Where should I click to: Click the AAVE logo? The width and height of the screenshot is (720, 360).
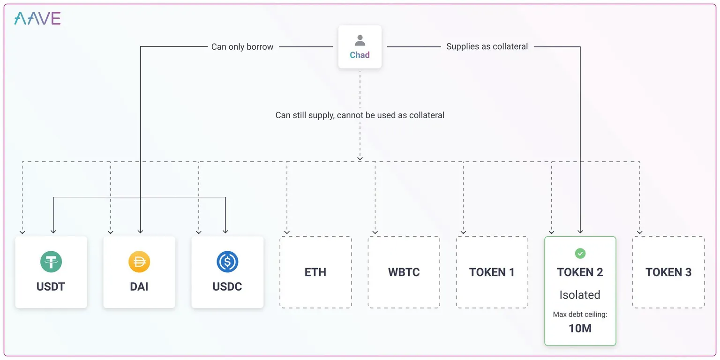(x=37, y=18)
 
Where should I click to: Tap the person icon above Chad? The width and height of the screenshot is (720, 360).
(x=360, y=40)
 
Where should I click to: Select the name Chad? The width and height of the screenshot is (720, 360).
(x=360, y=55)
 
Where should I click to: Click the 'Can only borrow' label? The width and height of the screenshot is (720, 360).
(x=242, y=47)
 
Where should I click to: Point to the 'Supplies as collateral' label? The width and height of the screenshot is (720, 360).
(x=487, y=46)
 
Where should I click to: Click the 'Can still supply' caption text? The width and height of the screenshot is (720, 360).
(x=360, y=115)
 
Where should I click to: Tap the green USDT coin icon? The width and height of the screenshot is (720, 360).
(x=51, y=262)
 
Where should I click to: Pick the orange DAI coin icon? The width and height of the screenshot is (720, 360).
(x=139, y=262)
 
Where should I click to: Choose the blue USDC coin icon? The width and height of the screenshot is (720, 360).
(x=227, y=262)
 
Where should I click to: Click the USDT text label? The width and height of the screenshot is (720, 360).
(x=51, y=286)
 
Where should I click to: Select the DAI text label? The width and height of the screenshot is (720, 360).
(x=139, y=286)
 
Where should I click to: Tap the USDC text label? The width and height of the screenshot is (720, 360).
(x=227, y=286)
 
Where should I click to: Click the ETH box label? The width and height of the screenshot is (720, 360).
(x=315, y=272)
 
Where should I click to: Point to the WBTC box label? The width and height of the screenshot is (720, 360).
(x=404, y=272)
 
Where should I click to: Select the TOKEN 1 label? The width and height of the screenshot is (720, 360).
(x=492, y=272)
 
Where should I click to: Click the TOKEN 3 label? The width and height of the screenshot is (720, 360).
(x=668, y=272)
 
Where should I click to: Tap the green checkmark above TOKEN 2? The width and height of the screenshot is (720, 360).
(x=580, y=254)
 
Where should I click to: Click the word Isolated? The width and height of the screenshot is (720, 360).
(x=580, y=295)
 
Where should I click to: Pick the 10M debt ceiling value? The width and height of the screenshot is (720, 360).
(x=580, y=328)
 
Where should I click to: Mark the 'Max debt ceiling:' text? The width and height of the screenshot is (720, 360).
(x=580, y=315)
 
